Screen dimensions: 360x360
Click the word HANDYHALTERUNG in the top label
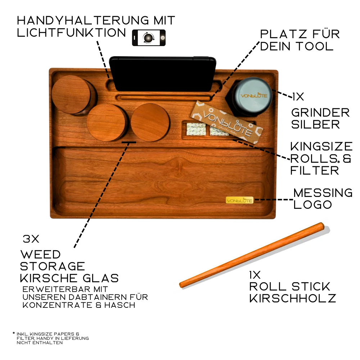[83, 21]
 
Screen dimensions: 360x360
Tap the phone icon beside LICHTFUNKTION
[149, 38]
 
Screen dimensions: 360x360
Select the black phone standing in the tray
[163, 73]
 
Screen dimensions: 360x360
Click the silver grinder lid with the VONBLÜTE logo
[253, 95]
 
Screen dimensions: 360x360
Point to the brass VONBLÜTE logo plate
[239, 200]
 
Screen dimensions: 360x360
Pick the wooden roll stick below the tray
[252, 255]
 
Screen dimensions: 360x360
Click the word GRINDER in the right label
[320, 113]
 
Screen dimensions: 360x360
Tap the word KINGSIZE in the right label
[321, 147]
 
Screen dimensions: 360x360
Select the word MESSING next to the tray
[323, 193]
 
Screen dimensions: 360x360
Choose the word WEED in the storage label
[41, 255]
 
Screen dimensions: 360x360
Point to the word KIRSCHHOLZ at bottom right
[293, 298]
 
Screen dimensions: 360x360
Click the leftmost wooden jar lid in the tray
[71, 94]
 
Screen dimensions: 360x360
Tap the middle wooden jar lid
[107, 122]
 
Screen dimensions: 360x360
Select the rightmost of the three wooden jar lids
[150, 122]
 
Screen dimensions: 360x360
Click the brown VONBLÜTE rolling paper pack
[227, 122]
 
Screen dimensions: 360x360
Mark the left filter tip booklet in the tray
[196, 129]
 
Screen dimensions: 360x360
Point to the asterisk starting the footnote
[14, 333]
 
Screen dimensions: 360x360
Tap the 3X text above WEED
[31, 239]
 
